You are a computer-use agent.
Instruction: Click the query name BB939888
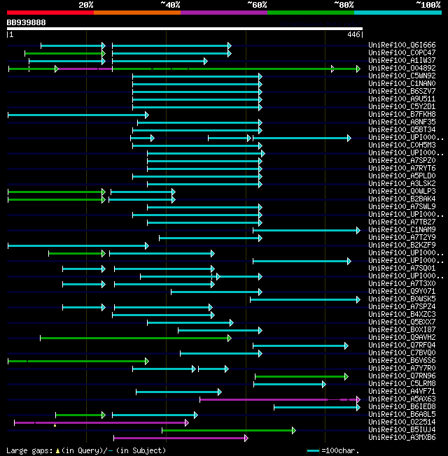[x=26, y=22]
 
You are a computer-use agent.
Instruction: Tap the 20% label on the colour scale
[x=86, y=4]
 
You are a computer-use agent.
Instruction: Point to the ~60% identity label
[x=257, y=4]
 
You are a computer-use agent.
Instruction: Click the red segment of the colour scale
[x=50, y=13]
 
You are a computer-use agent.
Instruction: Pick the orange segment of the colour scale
[x=136, y=13]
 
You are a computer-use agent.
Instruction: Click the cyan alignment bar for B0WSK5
[x=304, y=299]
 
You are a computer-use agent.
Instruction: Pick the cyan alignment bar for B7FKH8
[x=77, y=115]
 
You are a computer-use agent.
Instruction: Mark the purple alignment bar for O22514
[x=101, y=422]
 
